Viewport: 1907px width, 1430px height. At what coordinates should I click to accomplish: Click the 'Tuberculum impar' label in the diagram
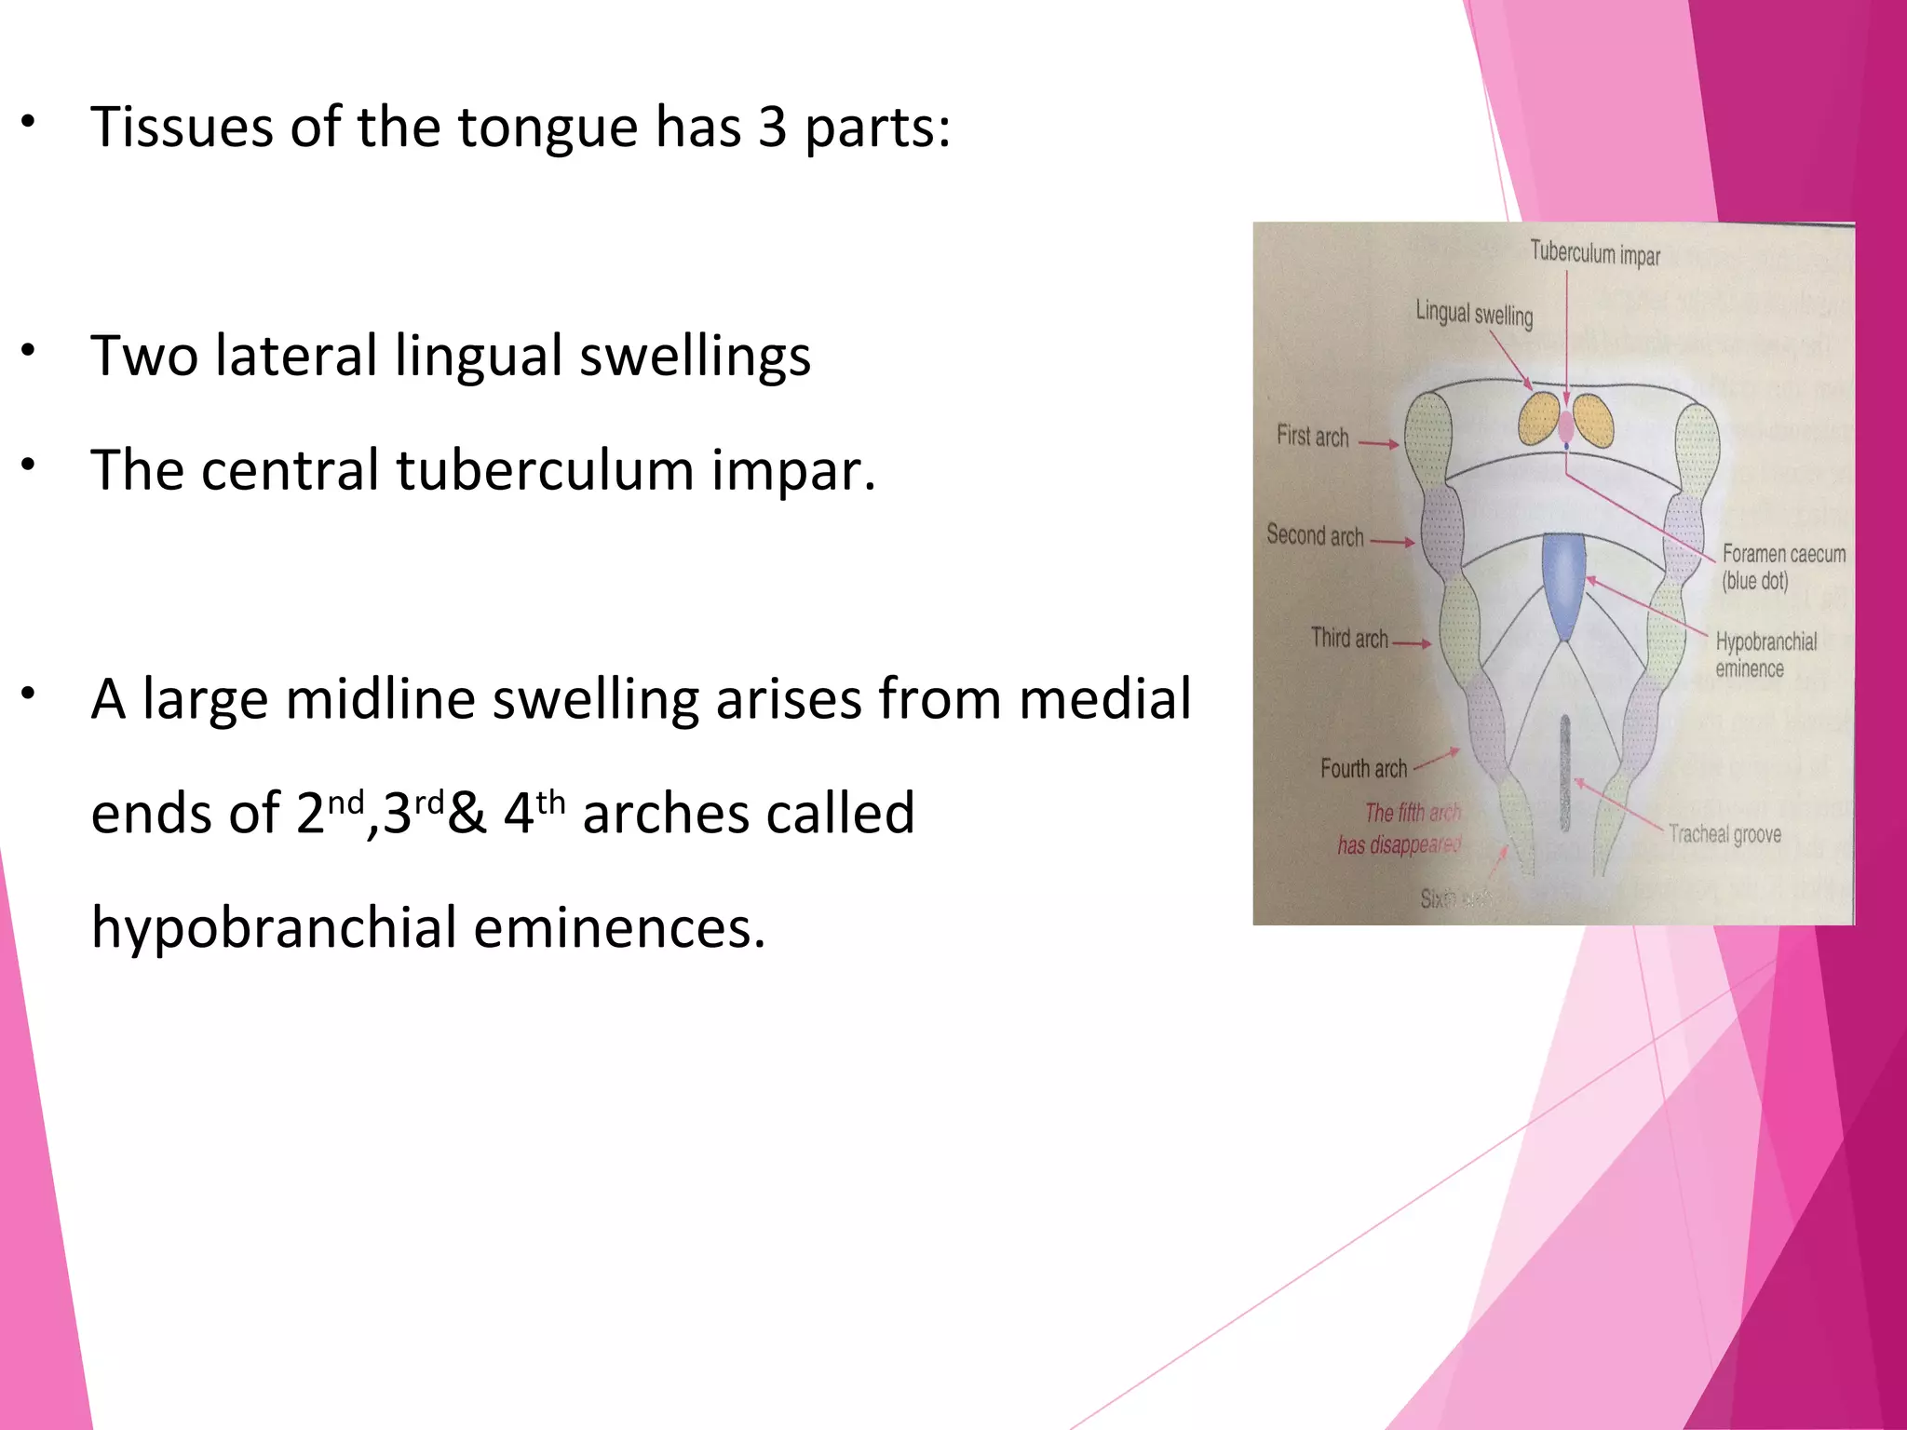pyautogui.click(x=1595, y=253)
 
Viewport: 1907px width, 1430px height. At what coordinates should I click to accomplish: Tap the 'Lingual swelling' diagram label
pyautogui.click(x=1473, y=314)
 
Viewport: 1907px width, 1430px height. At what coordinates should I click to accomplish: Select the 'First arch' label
pyautogui.click(x=1312, y=436)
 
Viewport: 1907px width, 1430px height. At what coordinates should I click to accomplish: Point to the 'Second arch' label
pyautogui.click(x=1314, y=535)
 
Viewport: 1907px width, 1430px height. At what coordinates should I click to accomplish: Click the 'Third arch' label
pyautogui.click(x=1348, y=638)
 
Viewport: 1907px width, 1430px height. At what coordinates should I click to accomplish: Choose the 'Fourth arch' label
pyautogui.click(x=1363, y=768)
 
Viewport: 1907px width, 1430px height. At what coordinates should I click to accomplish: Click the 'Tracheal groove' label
pyautogui.click(x=1724, y=833)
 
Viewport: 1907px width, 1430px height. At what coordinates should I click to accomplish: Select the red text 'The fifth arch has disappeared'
pyautogui.click(x=1400, y=829)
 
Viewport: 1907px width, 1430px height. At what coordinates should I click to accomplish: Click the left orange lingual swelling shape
pyautogui.click(x=1539, y=419)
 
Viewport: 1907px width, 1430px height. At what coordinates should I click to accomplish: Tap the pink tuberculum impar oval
pyautogui.click(x=1566, y=425)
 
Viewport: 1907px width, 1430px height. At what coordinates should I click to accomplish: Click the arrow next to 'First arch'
pyautogui.click(x=1379, y=444)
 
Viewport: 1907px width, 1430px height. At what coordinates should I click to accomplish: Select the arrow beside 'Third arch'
pyautogui.click(x=1412, y=643)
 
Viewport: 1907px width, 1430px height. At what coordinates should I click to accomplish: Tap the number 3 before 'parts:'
pyautogui.click(x=772, y=128)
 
